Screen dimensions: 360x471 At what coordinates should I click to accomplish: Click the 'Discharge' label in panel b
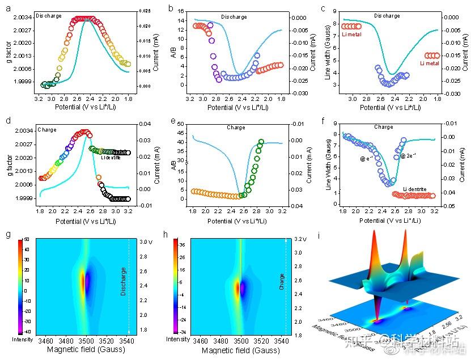[x=234, y=17]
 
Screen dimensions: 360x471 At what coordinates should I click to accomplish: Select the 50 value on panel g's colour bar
[x=27, y=240]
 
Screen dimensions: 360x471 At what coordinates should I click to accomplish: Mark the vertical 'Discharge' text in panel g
[x=124, y=281]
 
